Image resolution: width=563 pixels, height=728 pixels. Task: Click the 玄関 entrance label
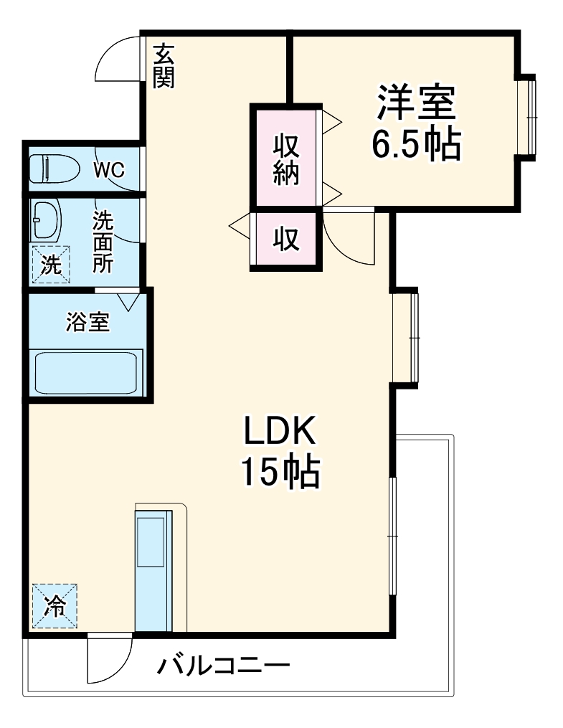pyautogui.click(x=164, y=66)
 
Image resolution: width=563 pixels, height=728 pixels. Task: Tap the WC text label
pyautogui.click(x=109, y=170)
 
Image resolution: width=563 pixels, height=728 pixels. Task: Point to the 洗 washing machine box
pyautogui.click(x=50, y=264)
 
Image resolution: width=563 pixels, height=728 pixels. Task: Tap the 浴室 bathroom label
pyautogui.click(x=87, y=323)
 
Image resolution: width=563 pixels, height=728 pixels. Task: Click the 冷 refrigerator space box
pyautogui.click(x=54, y=606)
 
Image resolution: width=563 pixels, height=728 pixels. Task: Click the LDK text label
pyautogui.click(x=280, y=432)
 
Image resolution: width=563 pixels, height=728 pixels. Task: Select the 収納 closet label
pyautogui.click(x=285, y=159)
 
